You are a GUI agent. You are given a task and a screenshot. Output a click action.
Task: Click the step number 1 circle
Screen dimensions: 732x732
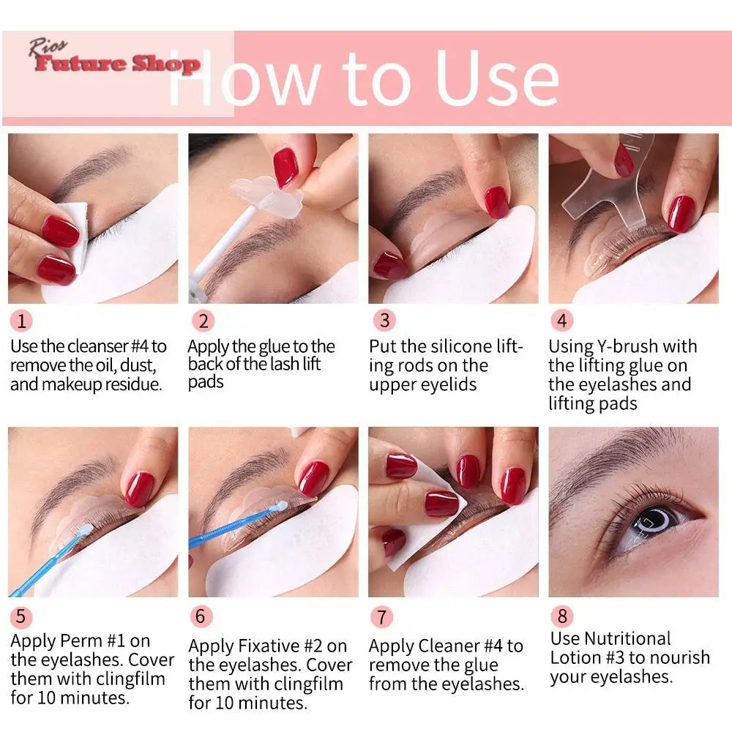coord(21,321)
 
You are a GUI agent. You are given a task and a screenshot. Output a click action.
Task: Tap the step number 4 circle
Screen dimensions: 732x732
coord(562,321)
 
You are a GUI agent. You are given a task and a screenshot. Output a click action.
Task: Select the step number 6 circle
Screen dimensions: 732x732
coord(201,616)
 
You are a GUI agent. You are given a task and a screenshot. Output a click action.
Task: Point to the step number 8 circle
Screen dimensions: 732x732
coord(562,616)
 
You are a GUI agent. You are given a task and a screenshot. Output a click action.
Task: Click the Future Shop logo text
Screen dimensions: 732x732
coord(117,64)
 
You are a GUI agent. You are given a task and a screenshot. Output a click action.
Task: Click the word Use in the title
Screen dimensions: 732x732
coord(497,78)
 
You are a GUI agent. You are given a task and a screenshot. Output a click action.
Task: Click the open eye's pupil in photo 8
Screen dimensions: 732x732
coord(648,522)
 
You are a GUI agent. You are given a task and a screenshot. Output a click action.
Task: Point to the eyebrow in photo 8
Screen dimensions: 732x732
coord(615,461)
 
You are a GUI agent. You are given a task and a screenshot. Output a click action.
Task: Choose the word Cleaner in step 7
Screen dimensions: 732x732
coord(449,646)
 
